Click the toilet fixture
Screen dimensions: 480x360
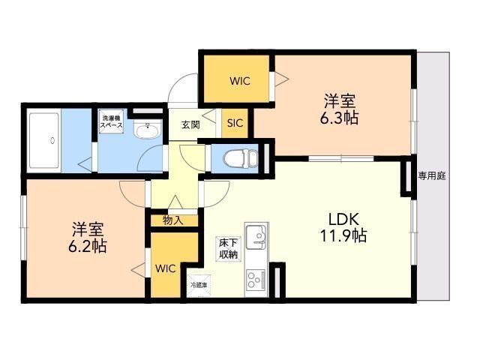click(241, 158)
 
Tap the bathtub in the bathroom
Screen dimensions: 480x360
click(44, 140)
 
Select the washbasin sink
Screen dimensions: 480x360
click(147, 129)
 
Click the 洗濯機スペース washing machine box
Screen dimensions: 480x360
click(111, 121)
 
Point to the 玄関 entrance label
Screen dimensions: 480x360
click(190, 124)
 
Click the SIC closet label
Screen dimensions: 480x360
click(235, 123)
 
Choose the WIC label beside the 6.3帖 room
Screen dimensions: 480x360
click(240, 81)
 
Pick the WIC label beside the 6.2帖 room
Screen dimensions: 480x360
click(166, 268)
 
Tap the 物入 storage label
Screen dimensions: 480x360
click(173, 220)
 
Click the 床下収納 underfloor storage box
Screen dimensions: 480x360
click(228, 249)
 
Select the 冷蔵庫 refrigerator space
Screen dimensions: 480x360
click(199, 286)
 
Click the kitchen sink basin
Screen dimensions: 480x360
click(256, 238)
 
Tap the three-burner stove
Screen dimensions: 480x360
click(256, 279)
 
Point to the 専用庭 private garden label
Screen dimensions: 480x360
click(432, 176)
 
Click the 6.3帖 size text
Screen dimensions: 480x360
click(339, 118)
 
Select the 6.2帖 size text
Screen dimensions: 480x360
click(87, 246)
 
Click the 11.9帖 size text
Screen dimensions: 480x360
click(343, 235)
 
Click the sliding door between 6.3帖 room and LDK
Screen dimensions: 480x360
click(341, 158)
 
